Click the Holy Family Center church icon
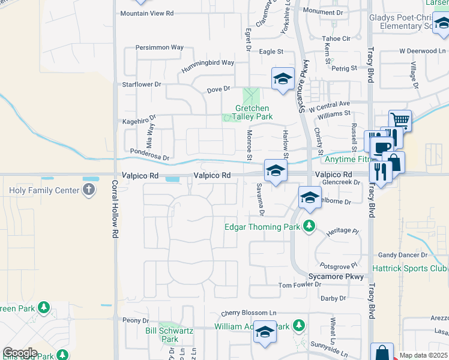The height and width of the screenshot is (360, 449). coord(88,191)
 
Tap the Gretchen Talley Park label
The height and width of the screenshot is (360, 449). coord(250,112)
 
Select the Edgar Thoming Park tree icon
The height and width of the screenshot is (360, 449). coord(309,226)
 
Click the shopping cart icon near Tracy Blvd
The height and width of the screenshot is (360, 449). coord(400,121)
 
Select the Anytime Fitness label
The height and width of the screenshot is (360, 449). coord(347,159)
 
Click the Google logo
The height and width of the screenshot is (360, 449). coord(20,353)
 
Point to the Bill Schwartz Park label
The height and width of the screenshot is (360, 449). coord(161,334)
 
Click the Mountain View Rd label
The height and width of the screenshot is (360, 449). coord(146,13)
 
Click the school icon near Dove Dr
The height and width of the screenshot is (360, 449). coord(283,79)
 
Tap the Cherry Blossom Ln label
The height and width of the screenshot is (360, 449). coord(249,313)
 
